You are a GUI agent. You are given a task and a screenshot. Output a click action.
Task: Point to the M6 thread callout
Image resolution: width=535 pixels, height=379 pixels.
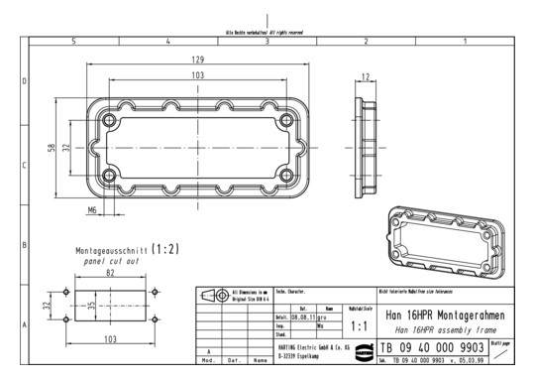(91, 210)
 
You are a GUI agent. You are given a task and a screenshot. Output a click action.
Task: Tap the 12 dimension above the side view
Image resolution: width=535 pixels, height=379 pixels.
(367, 76)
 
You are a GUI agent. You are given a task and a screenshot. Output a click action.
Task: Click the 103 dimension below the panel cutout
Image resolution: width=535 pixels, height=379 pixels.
(109, 339)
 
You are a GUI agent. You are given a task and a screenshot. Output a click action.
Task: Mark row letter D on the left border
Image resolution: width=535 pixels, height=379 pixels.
(24, 80)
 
